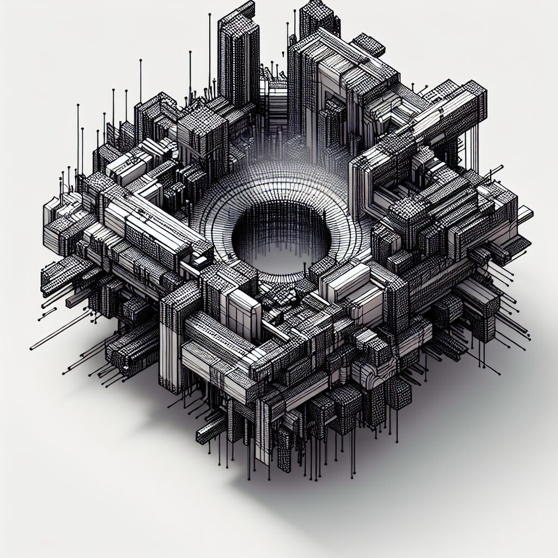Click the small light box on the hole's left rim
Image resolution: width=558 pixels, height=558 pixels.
pyautogui.click(x=199, y=260)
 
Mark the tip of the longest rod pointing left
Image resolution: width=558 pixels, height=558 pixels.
pyautogui.click(x=31, y=348)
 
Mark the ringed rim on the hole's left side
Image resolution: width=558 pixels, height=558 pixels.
pyautogui.click(x=213, y=218)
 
